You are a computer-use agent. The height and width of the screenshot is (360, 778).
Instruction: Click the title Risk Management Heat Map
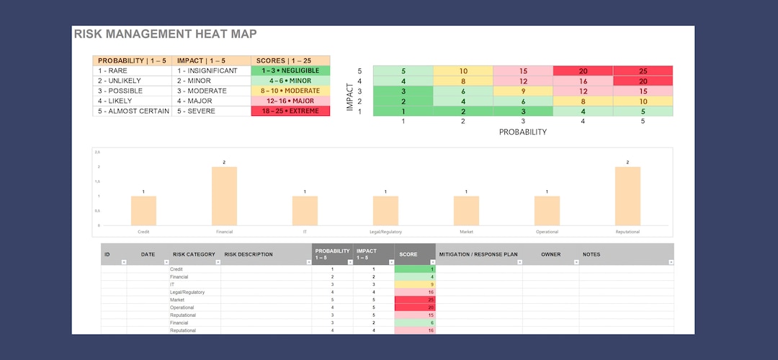pos(165,34)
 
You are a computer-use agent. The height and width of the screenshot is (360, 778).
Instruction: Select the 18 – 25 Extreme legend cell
pos(290,112)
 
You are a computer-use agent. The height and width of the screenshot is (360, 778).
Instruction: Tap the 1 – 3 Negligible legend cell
pos(290,71)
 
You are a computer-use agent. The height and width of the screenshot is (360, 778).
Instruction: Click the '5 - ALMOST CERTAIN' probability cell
pos(133,112)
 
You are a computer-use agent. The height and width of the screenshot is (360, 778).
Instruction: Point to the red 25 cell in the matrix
pos(643,71)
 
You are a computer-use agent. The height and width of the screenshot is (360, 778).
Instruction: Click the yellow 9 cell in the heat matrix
pos(522,91)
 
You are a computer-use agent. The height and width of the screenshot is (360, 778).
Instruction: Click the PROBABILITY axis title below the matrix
pos(522,132)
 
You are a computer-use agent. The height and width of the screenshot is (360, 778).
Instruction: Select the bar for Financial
pos(224,196)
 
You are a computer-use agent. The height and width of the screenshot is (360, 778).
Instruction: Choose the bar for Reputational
pos(627,196)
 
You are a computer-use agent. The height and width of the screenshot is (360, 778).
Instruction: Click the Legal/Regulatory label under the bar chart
pos(385,232)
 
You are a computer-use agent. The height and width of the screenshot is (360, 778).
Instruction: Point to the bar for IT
pos(305,210)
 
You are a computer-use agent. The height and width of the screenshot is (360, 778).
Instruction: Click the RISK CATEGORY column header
pos(194,254)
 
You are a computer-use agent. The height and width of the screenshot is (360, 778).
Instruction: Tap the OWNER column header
pos(550,254)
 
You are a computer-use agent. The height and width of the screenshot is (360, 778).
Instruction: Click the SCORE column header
pos(408,254)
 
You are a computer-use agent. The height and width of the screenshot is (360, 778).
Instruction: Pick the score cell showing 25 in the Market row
pos(415,300)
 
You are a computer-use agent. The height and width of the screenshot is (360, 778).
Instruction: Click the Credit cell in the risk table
pos(177,269)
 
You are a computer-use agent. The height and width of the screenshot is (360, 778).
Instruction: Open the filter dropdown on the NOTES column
pos(671,262)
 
